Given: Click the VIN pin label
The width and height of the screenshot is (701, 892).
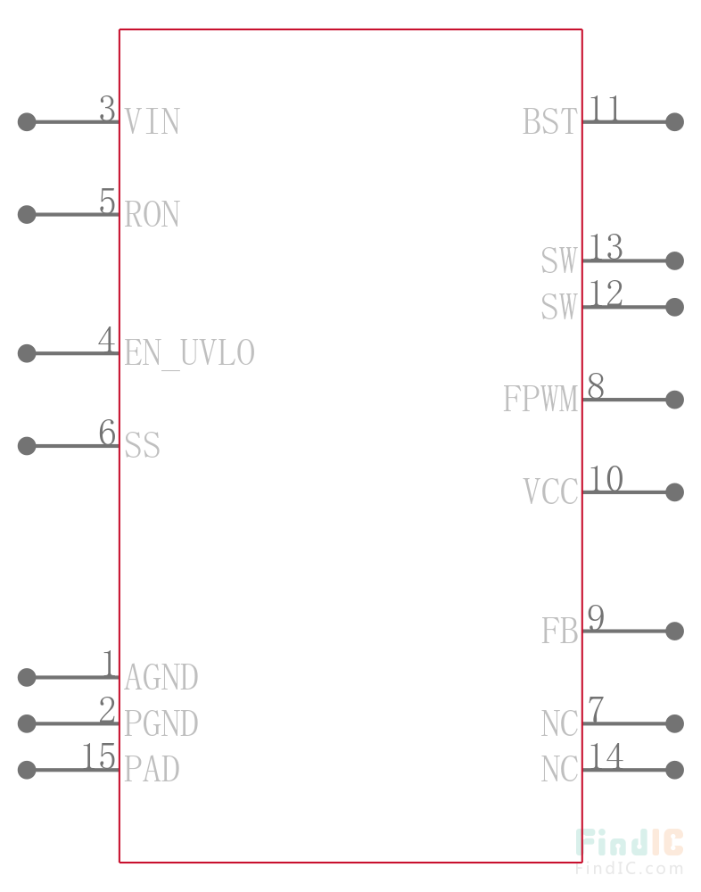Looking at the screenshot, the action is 152,121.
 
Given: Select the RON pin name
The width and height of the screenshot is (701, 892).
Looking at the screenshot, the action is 152,214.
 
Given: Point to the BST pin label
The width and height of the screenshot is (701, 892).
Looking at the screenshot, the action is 549,121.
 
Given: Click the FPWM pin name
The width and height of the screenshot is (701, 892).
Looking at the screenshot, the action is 540,400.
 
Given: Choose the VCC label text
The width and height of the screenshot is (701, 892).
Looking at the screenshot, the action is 550,492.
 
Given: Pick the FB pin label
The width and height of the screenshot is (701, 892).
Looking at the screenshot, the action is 559,631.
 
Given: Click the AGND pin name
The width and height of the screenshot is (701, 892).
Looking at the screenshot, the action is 161,677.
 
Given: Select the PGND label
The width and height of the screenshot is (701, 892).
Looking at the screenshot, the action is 161,723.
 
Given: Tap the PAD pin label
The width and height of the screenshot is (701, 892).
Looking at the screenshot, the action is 152,770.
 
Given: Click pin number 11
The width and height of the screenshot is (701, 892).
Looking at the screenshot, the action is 604,108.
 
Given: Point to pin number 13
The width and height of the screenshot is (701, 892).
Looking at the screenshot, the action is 606,247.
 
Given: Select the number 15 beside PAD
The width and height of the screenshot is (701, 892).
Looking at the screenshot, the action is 99,756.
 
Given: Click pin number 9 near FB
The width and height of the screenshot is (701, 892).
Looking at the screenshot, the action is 596,617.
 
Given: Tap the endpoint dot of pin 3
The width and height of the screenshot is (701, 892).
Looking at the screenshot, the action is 27,121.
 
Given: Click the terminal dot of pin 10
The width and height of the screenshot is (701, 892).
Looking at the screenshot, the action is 675,492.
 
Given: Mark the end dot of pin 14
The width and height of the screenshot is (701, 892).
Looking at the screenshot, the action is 675,770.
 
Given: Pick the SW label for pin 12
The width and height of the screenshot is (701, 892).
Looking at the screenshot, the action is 559,307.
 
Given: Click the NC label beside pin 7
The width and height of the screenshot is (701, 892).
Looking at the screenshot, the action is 559,723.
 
